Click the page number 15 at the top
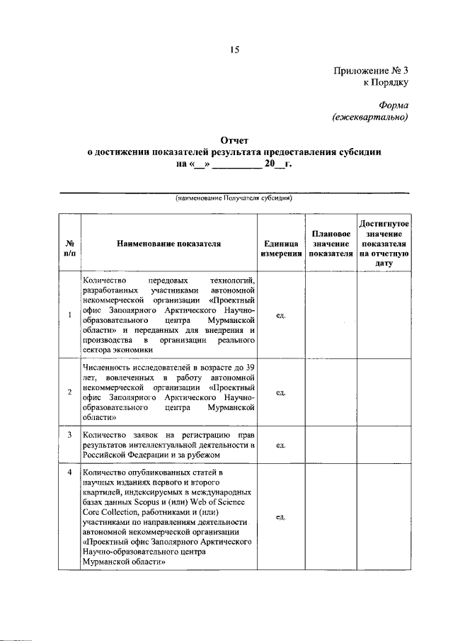234,49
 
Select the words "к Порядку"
386,83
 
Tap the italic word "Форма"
393,105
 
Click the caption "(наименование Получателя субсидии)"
234,198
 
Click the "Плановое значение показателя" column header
331,243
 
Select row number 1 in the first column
69,314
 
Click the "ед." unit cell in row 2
280,392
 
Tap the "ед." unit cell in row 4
280,517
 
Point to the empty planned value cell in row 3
331,445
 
